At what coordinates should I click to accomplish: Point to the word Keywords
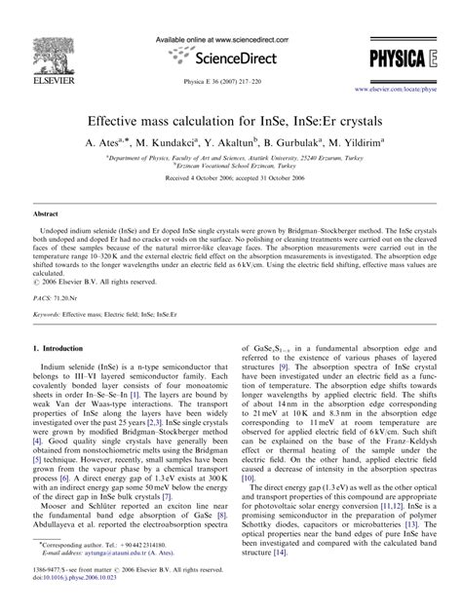coord(50,315)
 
